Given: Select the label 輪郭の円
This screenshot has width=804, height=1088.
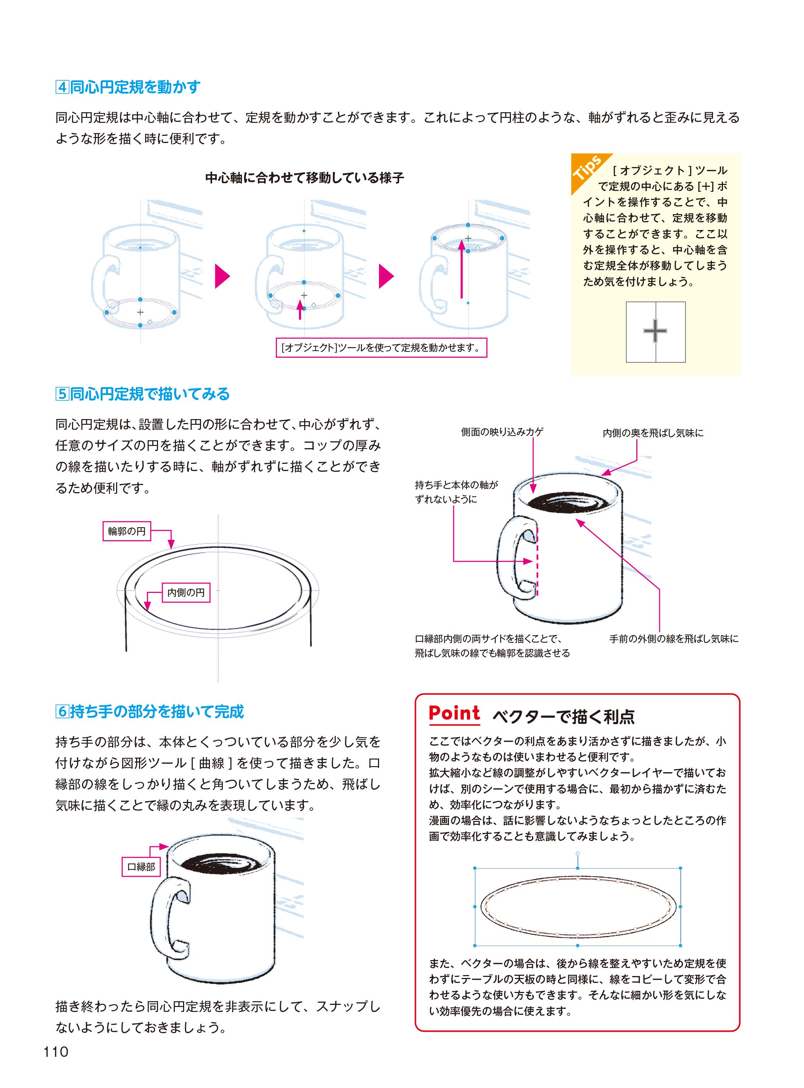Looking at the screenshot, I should tap(126, 531).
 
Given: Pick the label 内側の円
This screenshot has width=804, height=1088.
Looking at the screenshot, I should tap(186, 592).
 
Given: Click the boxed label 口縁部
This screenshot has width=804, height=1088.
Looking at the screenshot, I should tap(141, 866).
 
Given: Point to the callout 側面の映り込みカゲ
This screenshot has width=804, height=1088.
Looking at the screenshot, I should tap(502, 432).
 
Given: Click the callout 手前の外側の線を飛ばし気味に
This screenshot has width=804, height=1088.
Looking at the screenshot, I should tap(674, 638).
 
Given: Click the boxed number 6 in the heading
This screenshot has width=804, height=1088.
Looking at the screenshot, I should tap(62, 712).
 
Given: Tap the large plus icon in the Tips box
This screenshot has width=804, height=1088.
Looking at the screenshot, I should tap(655, 331).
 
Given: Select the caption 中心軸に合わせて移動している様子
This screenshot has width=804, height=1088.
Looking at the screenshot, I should tap(305, 178).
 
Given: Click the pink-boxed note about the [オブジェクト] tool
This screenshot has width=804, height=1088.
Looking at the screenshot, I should tap(381, 348).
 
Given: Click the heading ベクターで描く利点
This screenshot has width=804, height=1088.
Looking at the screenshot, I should tap(564, 716).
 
